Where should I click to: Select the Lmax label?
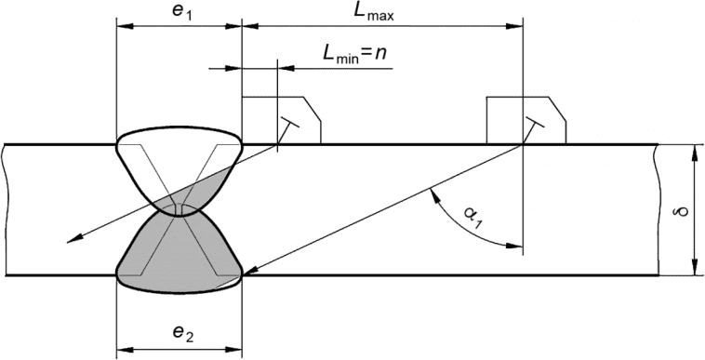tap(373, 12)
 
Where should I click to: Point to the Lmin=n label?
tap(354, 54)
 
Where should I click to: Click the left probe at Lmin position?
tap(282, 120)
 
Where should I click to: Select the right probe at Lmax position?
tap(526, 120)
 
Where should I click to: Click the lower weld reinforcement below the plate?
tap(180, 285)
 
